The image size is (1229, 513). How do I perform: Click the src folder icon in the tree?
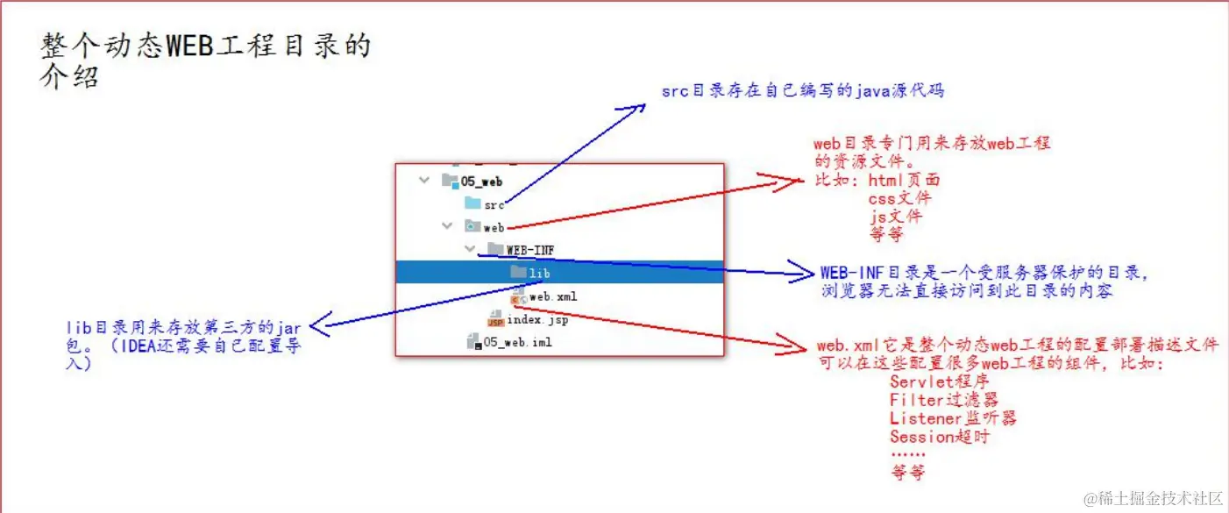[x=473, y=203]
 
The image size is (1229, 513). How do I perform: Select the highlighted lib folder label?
[x=540, y=273]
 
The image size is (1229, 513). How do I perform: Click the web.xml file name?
[x=553, y=296]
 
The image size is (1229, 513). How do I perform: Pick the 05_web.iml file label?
[x=517, y=342]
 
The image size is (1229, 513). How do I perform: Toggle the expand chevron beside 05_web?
[x=425, y=180]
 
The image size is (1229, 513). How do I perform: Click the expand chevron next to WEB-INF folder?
[x=471, y=249]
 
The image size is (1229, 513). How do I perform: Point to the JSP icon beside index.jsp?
[x=495, y=320]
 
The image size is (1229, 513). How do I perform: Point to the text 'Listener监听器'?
[x=953, y=418]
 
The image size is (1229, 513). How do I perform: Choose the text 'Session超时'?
[x=940, y=436]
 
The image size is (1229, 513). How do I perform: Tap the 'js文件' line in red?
[x=895, y=216]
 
